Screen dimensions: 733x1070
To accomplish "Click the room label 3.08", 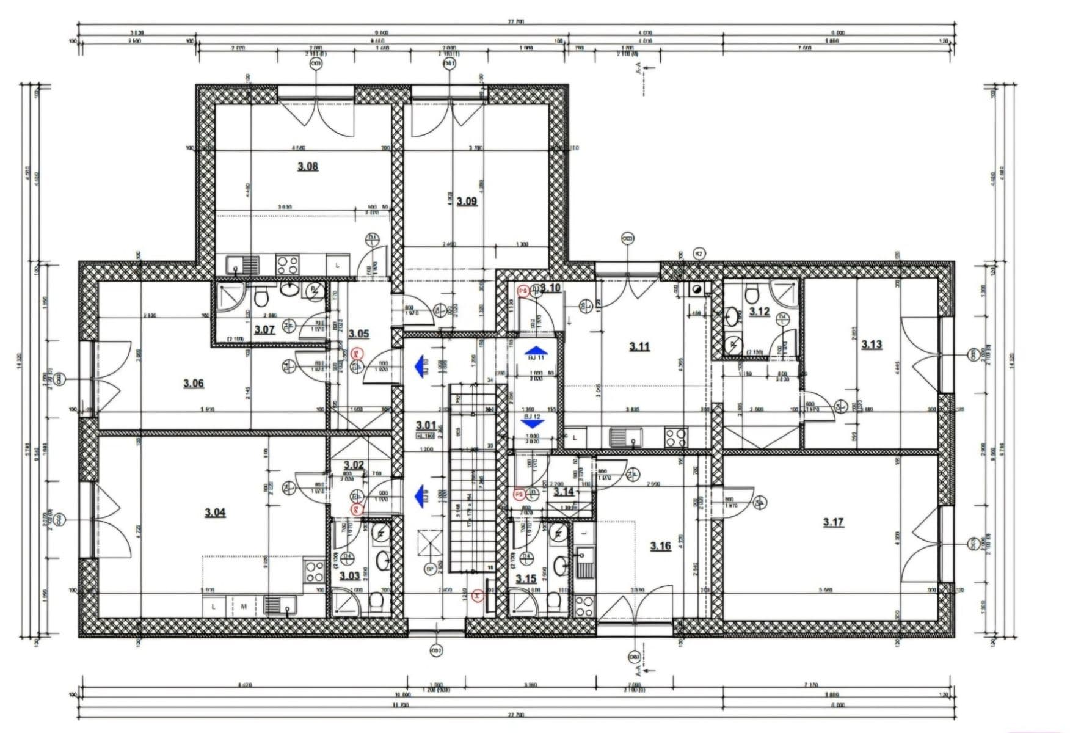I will pos(307,166).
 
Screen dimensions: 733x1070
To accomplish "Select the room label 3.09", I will pos(467,201).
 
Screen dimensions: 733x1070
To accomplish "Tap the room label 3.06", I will pos(193,383).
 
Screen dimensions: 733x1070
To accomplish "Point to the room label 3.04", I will pos(215,512).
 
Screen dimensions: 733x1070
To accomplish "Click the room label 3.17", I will pos(833,522).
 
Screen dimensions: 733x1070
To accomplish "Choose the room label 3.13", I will pos(872,345).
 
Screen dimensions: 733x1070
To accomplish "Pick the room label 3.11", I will pos(639,346).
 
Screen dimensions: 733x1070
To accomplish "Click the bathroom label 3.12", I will pos(759,312).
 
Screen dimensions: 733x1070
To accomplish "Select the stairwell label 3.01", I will pos(426,425).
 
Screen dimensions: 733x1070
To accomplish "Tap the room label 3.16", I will pos(660,545).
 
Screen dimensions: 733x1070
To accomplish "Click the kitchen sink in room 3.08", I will pos(243,265).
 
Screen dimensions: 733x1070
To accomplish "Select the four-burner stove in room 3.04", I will pos(315,571).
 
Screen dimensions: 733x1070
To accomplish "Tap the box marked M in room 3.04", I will pos(244,607).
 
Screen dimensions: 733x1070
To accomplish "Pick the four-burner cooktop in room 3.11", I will pos(676,437).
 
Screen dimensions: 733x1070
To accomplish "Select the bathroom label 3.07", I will pos(264,330).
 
